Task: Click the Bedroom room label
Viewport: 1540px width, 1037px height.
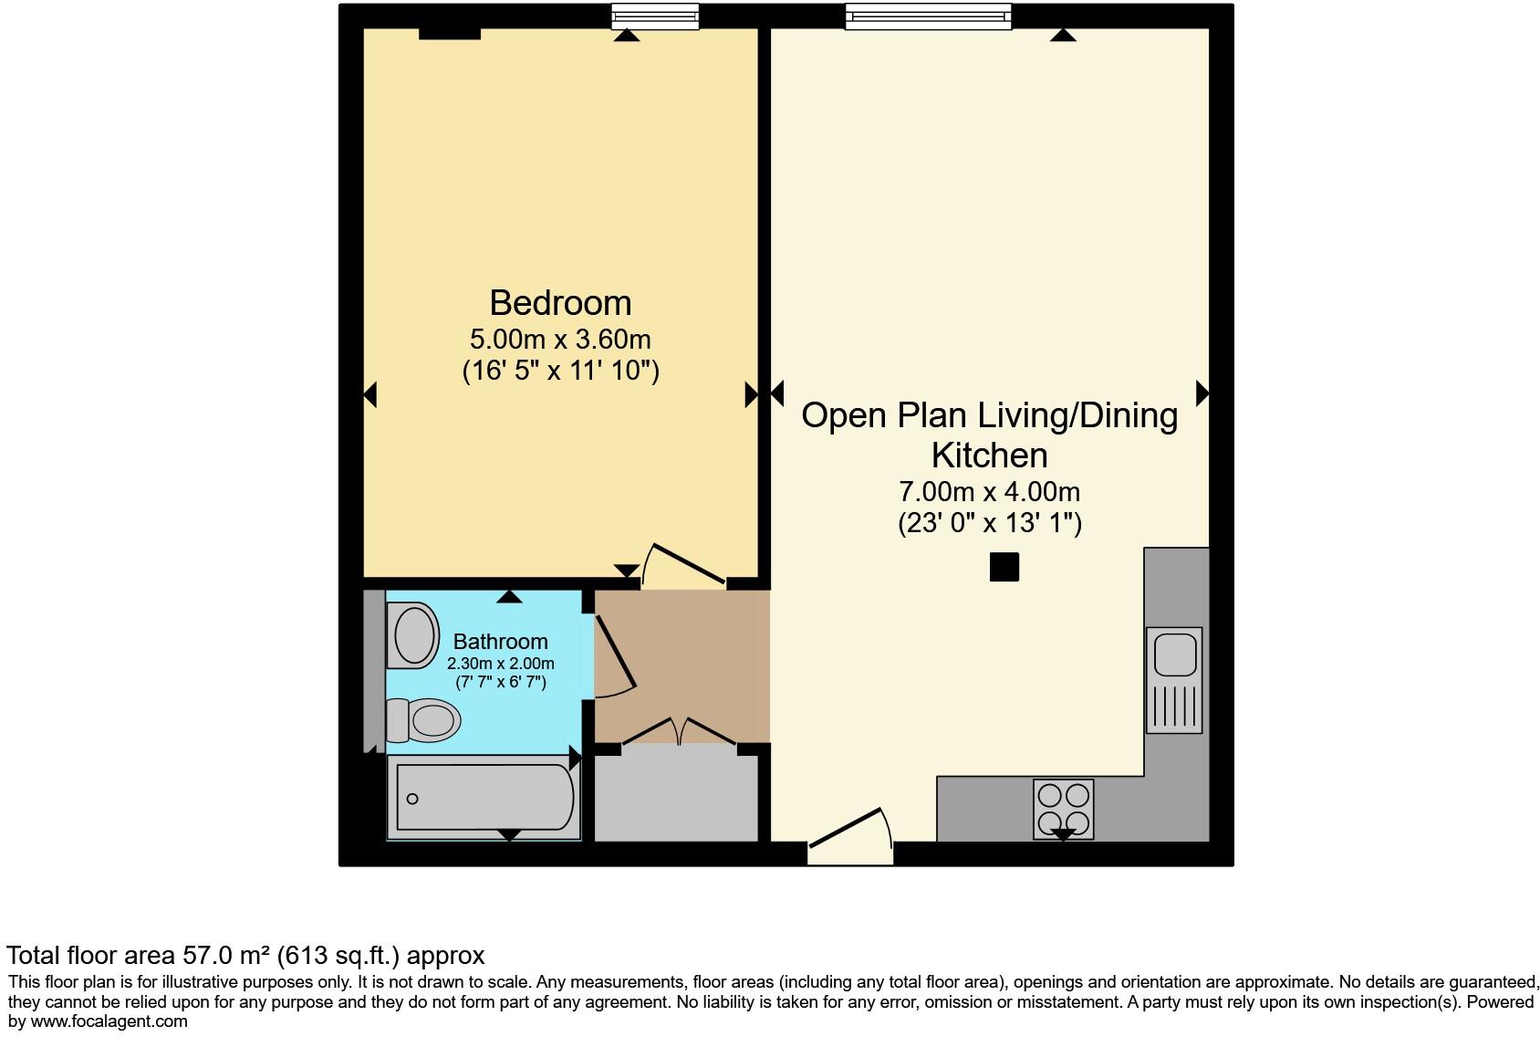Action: point(560,303)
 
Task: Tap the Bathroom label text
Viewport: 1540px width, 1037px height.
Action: point(500,642)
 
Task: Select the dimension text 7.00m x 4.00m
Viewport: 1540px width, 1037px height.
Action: point(989,492)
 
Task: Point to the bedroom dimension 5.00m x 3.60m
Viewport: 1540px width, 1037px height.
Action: point(560,340)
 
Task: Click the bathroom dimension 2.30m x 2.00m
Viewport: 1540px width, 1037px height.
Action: point(500,664)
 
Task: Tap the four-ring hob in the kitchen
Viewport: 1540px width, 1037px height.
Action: point(1063,808)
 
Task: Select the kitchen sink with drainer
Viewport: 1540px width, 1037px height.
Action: point(1174,679)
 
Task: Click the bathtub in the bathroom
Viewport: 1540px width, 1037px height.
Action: point(484,797)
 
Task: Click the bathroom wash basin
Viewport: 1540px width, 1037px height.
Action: point(413,634)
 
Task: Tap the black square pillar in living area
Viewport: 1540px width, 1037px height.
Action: point(1004,567)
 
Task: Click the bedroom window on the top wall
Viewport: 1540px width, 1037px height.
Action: point(654,16)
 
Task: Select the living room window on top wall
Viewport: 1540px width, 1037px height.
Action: point(928,16)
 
